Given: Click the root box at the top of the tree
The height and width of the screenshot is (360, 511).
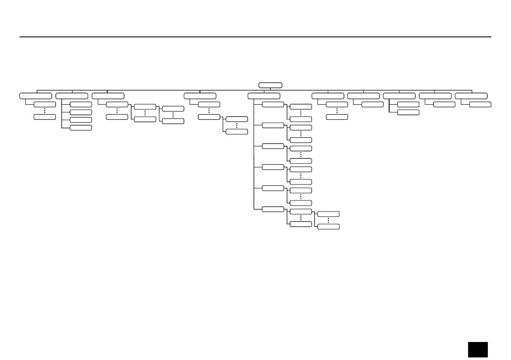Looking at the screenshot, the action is (x=270, y=85).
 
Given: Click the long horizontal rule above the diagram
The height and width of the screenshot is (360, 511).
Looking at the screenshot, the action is (x=255, y=37).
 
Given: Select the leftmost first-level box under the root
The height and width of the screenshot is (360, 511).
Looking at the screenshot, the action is (x=36, y=96).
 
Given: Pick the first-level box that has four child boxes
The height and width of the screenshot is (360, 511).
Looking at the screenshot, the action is (x=72, y=96).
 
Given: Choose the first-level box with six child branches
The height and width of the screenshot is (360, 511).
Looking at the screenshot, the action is (x=264, y=96).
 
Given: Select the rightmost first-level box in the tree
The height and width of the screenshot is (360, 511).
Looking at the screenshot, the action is (x=471, y=96).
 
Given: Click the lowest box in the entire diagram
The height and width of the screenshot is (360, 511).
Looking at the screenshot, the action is (x=328, y=227).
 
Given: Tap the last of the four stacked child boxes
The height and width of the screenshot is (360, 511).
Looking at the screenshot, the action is (x=81, y=127).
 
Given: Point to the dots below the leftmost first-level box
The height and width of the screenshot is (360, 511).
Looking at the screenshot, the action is (x=45, y=111).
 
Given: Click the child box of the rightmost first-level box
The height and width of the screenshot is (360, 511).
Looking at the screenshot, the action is (x=480, y=104).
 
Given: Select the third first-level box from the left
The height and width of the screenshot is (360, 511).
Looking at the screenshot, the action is (x=108, y=96).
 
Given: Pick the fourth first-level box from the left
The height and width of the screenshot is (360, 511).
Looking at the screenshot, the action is (x=200, y=96).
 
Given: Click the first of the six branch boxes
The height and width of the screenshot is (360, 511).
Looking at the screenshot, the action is (x=273, y=104).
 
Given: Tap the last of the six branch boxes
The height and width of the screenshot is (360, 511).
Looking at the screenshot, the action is (x=273, y=209).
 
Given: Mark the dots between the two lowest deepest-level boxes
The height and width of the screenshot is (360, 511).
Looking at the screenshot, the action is (x=328, y=220).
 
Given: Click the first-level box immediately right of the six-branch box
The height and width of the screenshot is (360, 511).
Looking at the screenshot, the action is (x=328, y=96).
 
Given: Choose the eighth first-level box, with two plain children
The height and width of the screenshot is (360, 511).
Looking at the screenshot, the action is (x=399, y=96).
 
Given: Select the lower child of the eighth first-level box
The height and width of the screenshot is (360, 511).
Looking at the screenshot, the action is (x=408, y=112).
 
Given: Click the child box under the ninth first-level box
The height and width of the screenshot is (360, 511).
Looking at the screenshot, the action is (x=444, y=104).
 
